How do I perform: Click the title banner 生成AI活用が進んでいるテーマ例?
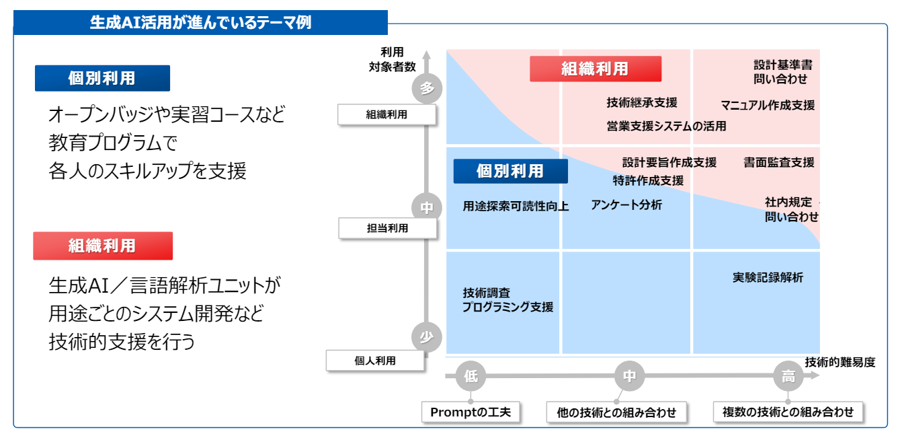click(x=200, y=23)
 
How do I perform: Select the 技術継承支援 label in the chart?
click(x=642, y=103)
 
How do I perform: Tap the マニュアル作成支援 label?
click(x=768, y=106)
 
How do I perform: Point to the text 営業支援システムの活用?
click(x=666, y=126)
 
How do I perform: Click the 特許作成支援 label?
click(x=648, y=181)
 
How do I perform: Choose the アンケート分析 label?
click(x=626, y=205)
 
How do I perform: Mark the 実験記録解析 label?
click(x=768, y=277)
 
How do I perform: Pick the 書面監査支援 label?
click(x=779, y=162)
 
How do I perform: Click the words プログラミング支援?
click(x=507, y=307)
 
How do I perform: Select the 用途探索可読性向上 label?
click(x=516, y=207)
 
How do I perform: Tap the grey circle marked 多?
click(x=427, y=88)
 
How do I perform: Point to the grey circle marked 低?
click(x=471, y=377)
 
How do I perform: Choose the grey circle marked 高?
click(x=788, y=377)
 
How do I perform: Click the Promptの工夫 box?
click(x=471, y=412)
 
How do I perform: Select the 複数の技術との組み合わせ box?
click(x=788, y=412)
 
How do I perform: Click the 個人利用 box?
click(x=375, y=361)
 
